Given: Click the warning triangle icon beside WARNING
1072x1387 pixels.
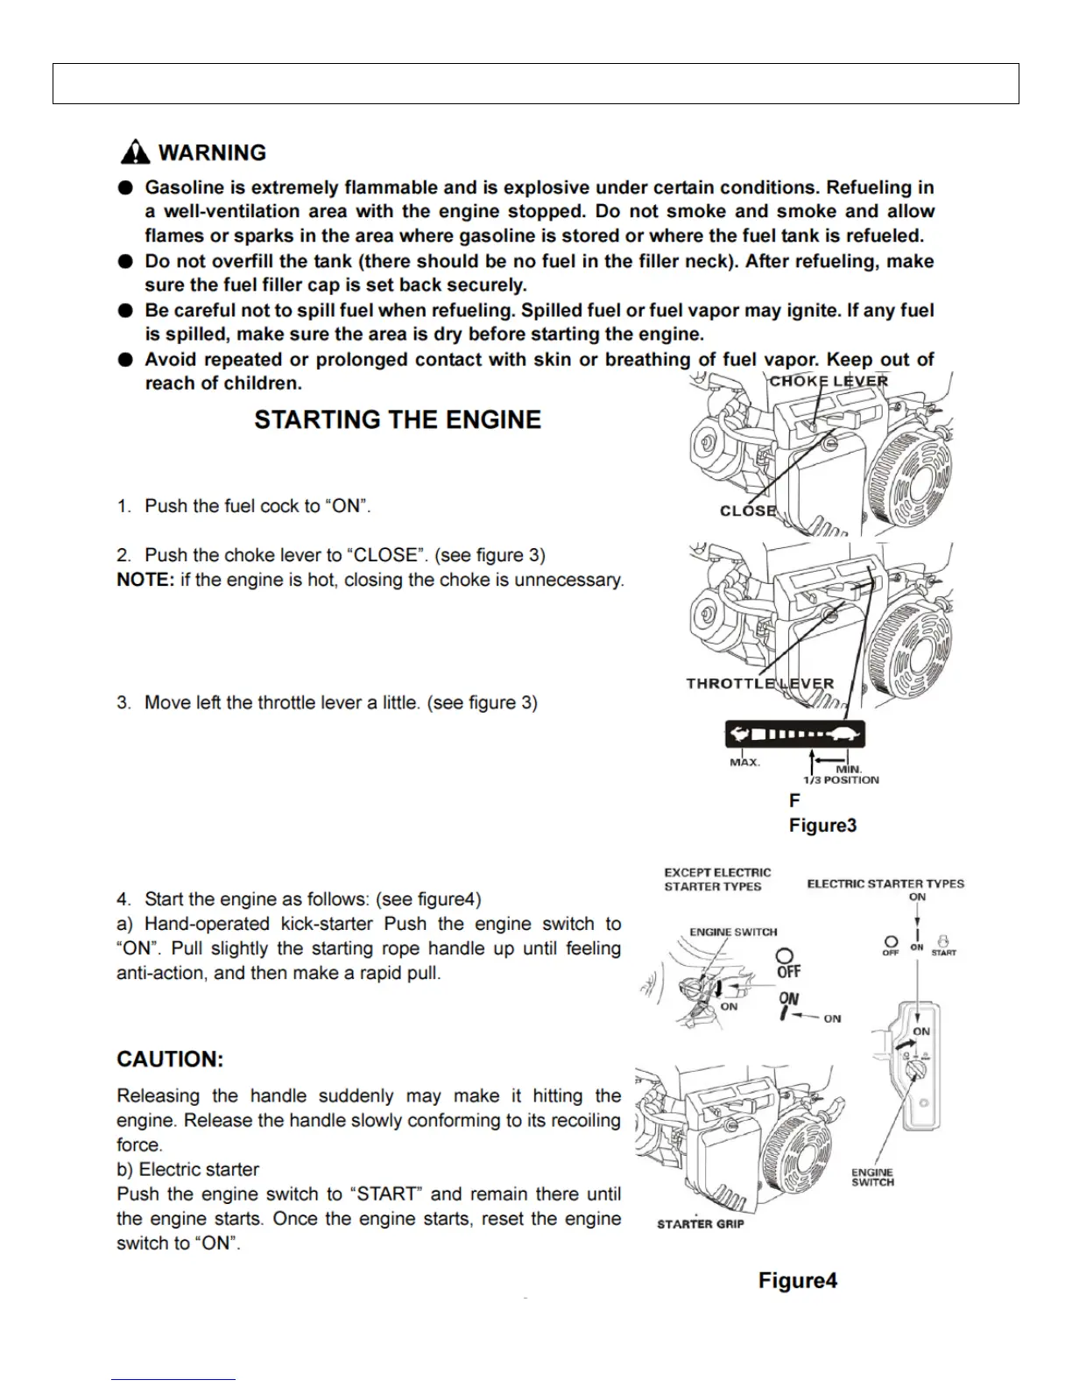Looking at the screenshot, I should coord(135,152).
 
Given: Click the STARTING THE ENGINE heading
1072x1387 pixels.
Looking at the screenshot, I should coord(398,419).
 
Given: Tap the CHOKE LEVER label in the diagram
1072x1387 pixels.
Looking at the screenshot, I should coord(829,381).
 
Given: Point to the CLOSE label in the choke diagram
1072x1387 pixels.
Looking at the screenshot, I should coord(748,510).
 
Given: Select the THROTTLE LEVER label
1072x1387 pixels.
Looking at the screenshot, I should coord(759,683).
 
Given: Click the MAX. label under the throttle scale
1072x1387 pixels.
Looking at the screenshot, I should coord(744,762).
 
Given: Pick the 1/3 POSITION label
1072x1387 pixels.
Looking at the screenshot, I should coord(841,779).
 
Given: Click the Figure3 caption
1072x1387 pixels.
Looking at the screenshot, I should coord(822,825).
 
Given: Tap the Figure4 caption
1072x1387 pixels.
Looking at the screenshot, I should coord(797,1280).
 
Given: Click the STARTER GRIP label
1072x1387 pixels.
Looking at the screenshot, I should coord(700,1223).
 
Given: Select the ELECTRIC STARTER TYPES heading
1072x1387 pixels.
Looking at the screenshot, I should coord(885,884).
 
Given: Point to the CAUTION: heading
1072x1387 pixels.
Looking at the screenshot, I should coord(170,1059).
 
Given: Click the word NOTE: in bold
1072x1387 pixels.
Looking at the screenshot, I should coord(145,580).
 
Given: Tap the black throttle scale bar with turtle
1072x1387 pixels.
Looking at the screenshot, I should coord(794,734).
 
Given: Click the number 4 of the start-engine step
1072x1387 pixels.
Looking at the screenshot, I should coord(123,899).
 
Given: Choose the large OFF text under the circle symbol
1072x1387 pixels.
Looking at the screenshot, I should coord(788,971).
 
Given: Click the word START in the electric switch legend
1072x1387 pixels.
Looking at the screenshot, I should coord(943,952).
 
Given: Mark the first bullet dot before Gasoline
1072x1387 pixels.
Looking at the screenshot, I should coord(127,187).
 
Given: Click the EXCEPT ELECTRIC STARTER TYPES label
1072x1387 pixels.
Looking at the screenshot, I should coord(717,879).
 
